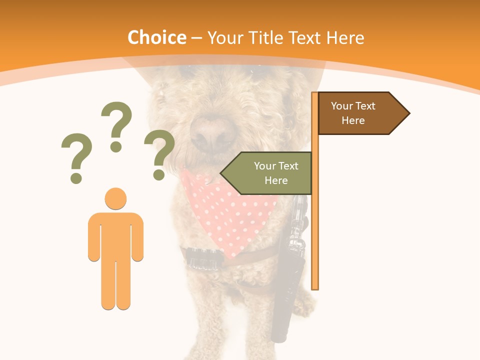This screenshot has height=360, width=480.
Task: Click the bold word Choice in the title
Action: [156, 37]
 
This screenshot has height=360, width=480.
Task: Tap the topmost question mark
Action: [116, 125]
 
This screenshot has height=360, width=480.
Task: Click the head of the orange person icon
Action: [115, 198]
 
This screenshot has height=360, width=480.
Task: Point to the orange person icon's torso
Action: [115, 235]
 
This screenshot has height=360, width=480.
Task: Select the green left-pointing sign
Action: [270, 173]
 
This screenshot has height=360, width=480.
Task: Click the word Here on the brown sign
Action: [353, 120]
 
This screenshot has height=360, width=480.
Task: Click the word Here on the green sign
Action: [276, 180]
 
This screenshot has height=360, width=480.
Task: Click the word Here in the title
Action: [345, 37]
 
